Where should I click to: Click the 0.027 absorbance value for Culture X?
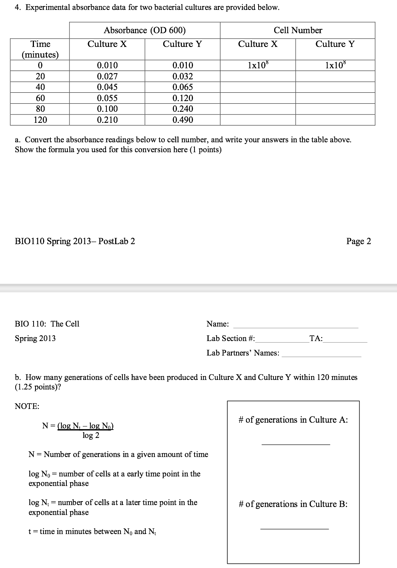point(107,76)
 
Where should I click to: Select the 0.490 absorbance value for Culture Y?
point(183,120)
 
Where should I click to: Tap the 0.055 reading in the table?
point(107,98)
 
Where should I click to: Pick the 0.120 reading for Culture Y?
point(183,98)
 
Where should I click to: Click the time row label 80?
point(40,109)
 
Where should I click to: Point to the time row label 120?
point(40,120)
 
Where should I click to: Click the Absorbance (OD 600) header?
point(145,30)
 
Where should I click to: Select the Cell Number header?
point(298,30)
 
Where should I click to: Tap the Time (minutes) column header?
point(40,49)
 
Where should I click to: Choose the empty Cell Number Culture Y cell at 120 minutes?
point(335,120)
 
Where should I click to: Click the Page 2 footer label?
point(358,241)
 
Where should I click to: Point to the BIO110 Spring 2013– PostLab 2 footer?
point(75,241)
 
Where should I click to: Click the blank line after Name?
point(296,327)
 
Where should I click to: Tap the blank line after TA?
point(345,341)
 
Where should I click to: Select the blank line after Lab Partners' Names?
point(321,356)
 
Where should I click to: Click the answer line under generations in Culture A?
point(296,444)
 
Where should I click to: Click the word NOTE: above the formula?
point(27,406)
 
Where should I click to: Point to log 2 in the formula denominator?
point(91,435)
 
